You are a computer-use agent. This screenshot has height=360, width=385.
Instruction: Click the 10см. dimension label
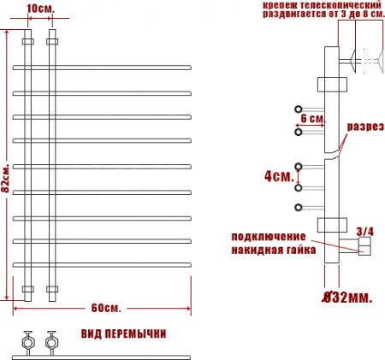click(40, 9)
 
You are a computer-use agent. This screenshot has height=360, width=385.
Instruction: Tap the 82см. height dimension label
click(6, 178)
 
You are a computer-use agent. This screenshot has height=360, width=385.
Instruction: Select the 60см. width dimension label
click(106, 308)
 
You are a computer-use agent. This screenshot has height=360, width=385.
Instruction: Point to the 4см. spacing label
click(279, 176)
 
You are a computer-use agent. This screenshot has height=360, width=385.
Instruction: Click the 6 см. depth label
click(312, 118)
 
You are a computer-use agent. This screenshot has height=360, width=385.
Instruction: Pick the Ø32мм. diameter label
click(347, 298)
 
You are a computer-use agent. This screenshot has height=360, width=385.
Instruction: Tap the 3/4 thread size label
click(364, 232)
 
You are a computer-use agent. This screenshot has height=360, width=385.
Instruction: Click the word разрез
click(365, 127)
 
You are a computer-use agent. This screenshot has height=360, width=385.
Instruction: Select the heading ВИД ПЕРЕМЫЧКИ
click(123, 333)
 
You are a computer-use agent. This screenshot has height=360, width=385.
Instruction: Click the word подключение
click(269, 237)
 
